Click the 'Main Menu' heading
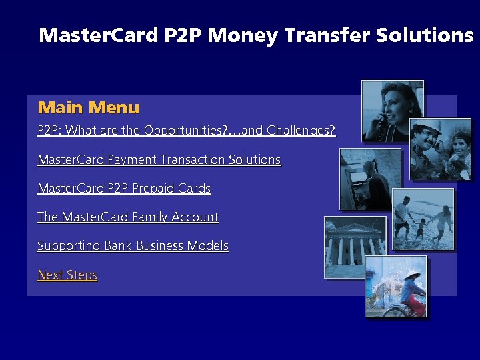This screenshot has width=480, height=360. tap(89, 107)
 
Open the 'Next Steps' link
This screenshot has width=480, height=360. tap(67, 275)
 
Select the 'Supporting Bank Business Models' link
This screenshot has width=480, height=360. tap(133, 245)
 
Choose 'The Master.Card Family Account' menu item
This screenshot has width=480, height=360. tap(128, 217)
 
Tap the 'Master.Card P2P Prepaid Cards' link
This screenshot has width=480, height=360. tap(124, 188)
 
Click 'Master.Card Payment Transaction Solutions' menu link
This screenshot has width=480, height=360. tap(159, 159)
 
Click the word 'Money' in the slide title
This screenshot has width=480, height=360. tap(243, 35)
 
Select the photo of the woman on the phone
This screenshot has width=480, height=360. tap(392, 111)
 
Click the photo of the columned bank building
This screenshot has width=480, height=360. tap(355, 247)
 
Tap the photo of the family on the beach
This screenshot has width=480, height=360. tap(423, 220)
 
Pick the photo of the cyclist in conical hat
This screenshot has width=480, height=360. tap(395, 287)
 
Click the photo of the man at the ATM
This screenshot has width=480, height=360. tap(371, 179)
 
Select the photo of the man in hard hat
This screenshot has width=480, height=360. tap(440, 149)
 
